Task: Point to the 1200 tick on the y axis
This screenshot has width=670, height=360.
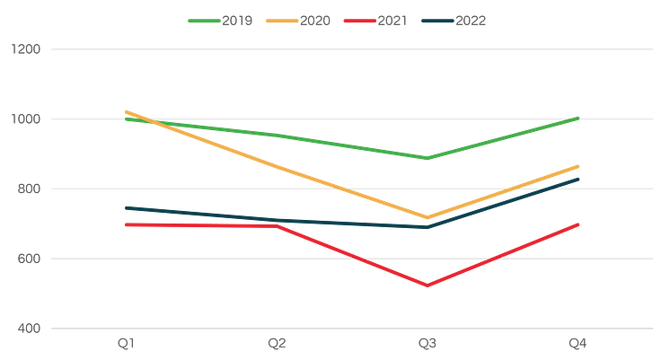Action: (x=26, y=49)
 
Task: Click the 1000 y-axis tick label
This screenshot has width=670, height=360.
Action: (x=26, y=119)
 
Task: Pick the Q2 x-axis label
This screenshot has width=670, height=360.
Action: (x=277, y=343)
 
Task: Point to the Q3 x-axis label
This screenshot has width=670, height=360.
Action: (x=427, y=343)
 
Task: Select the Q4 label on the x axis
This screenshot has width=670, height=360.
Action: (x=577, y=343)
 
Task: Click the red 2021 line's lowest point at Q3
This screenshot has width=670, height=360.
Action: (x=428, y=287)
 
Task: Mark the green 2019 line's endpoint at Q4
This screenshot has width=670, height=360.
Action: (x=577, y=118)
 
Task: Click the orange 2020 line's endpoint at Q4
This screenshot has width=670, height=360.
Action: (x=578, y=165)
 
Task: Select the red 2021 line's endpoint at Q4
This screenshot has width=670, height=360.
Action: (x=578, y=224)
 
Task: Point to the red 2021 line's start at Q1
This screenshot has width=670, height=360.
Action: (x=126, y=224)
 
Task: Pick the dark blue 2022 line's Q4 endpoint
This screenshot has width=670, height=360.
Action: (x=578, y=179)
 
